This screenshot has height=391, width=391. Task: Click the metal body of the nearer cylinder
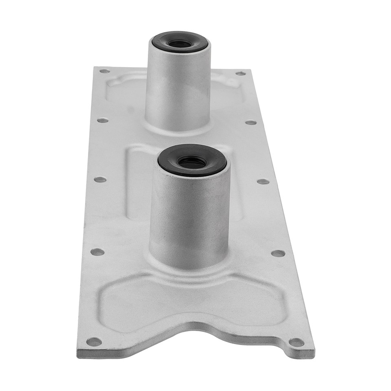tap(189, 216)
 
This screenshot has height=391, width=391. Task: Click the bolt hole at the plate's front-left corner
tap(94, 341)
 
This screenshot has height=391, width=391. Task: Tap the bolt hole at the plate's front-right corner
tap(296, 342)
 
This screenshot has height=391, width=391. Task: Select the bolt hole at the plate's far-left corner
tap(105, 71)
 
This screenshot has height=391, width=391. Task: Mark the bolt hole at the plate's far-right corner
tap(241, 73)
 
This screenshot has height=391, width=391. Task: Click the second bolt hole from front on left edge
tap(97, 252)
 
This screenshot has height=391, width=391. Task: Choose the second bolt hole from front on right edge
tap(278, 253)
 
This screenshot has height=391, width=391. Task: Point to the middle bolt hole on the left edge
tap(100, 179)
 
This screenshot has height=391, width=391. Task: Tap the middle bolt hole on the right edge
tap(263, 181)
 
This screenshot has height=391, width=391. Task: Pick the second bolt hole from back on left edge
tap(103, 120)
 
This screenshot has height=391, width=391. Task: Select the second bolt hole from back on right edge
tap(251, 122)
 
